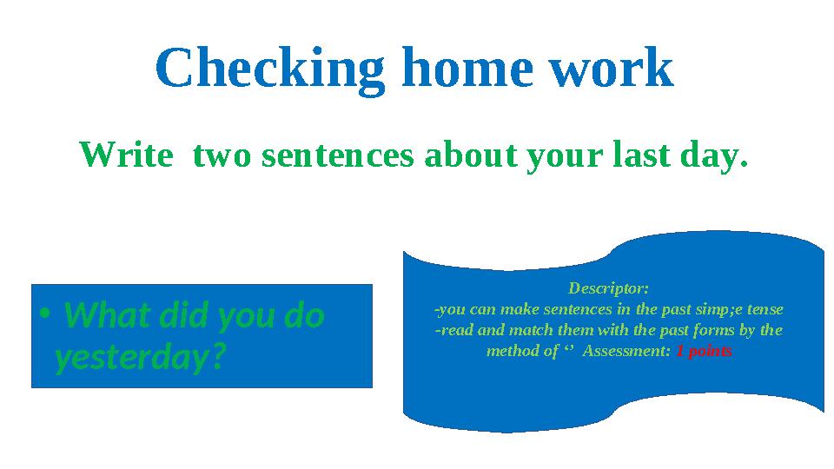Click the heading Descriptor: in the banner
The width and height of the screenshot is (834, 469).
tap(608, 287)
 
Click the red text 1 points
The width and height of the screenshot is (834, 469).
tap(704, 352)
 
